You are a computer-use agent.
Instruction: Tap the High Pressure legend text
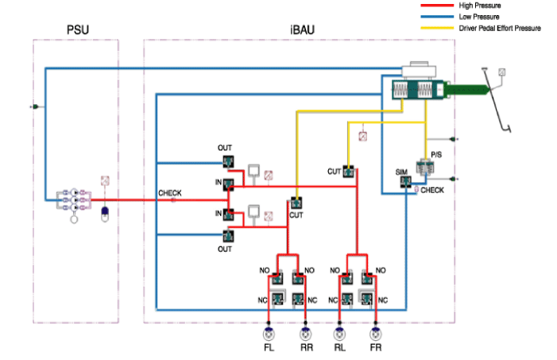[x=481, y=6]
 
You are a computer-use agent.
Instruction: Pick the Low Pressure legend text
[x=480, y=17]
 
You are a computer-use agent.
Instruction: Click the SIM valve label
[x=401, y=172]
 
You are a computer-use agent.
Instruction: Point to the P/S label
[x=436, y=154]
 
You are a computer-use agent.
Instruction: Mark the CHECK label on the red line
[x=170, y=193]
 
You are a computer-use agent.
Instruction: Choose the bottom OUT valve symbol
[x=227, y=235]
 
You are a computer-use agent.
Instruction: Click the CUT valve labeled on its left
[x=348, y=170]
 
